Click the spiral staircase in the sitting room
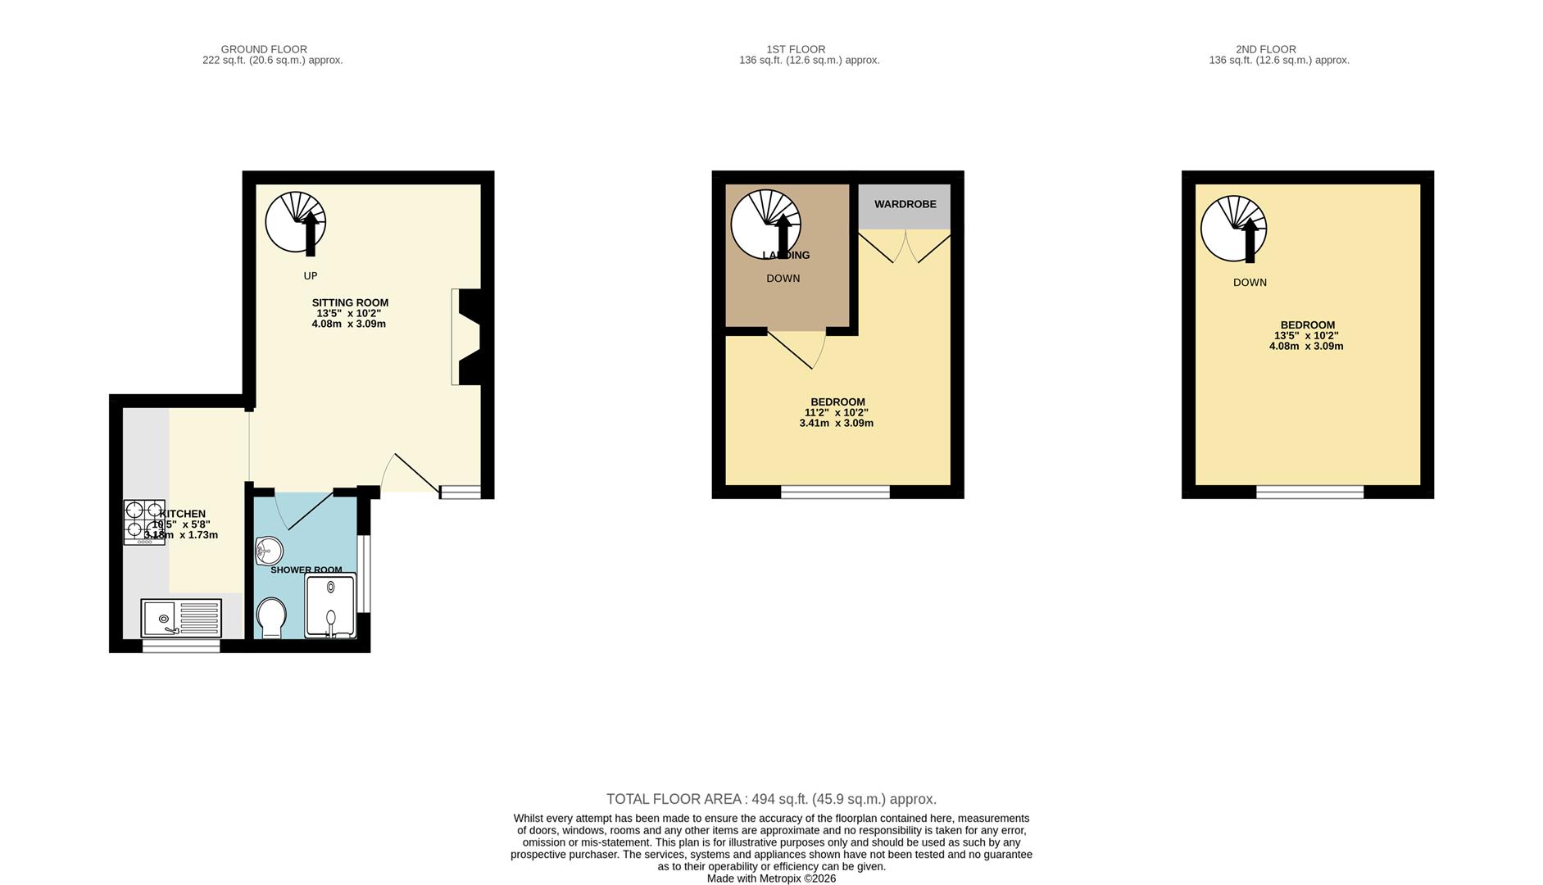(x=296, y=222)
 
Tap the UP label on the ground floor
(x=311, y=276)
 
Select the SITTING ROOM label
(x=350, y=302)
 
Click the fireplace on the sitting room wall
(x=468, y=337)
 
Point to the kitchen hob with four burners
(x=143, y=521)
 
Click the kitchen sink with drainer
(x=181, y=618)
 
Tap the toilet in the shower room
(x=271, y=616)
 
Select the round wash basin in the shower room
(x=268, y=551)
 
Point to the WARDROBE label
(x=905, y=204)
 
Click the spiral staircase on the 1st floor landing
(x=765, y=224)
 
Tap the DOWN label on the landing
(x=783, y=279)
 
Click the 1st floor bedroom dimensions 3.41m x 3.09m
(x=836, y=424)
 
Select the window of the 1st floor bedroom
(x=835, y=492)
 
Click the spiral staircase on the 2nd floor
(x=1233, y=228)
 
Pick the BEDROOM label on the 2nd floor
(x=1307, y=325)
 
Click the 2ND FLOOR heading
(x=1265, y=49)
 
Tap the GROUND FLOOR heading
(x=264, y=49)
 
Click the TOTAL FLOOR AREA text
(x=770, y=799)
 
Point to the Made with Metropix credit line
(x=771, y=878)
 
